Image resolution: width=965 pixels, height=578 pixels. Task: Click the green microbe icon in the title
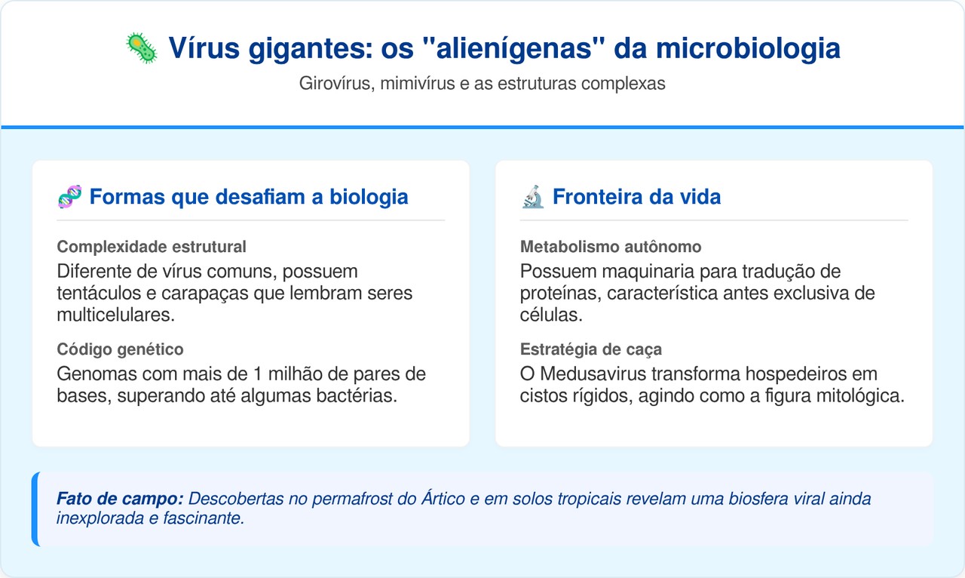click(141, 49)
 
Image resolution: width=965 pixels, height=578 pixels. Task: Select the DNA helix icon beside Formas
click(70, 198)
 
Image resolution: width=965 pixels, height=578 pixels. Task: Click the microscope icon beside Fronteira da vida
click(533, 198)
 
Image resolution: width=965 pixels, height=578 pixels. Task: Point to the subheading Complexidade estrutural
click(152, 247)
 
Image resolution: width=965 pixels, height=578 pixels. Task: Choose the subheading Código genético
click(120, 349)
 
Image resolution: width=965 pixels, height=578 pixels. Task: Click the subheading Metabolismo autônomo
click(611, 247)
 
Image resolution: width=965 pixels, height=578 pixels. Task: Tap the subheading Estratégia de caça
click(591, 349)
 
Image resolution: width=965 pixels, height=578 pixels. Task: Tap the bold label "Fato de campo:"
click(120, 499)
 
